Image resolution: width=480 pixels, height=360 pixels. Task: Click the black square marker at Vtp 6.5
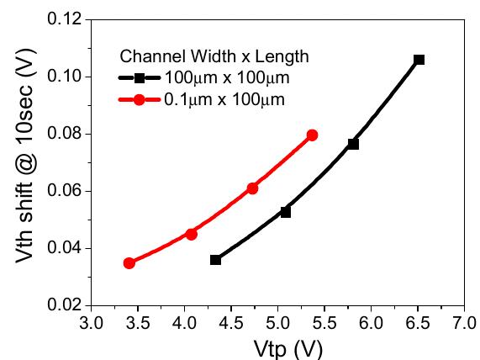coord(419,60)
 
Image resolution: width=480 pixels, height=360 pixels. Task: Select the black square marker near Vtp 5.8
coord(353,144)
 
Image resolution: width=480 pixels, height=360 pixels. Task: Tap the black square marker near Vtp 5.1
coord(286,212)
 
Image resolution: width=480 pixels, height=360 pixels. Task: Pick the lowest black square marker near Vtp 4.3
coord(215,260)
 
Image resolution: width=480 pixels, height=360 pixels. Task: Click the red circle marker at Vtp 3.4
coord(129,263)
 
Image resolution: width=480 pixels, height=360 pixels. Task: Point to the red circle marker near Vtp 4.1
coord(191,234)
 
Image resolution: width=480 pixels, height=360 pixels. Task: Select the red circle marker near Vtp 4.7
coord(252,188)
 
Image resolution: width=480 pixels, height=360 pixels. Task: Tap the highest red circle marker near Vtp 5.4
coord(312,135)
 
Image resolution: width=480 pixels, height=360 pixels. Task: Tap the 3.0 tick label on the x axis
coord(91,322)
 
